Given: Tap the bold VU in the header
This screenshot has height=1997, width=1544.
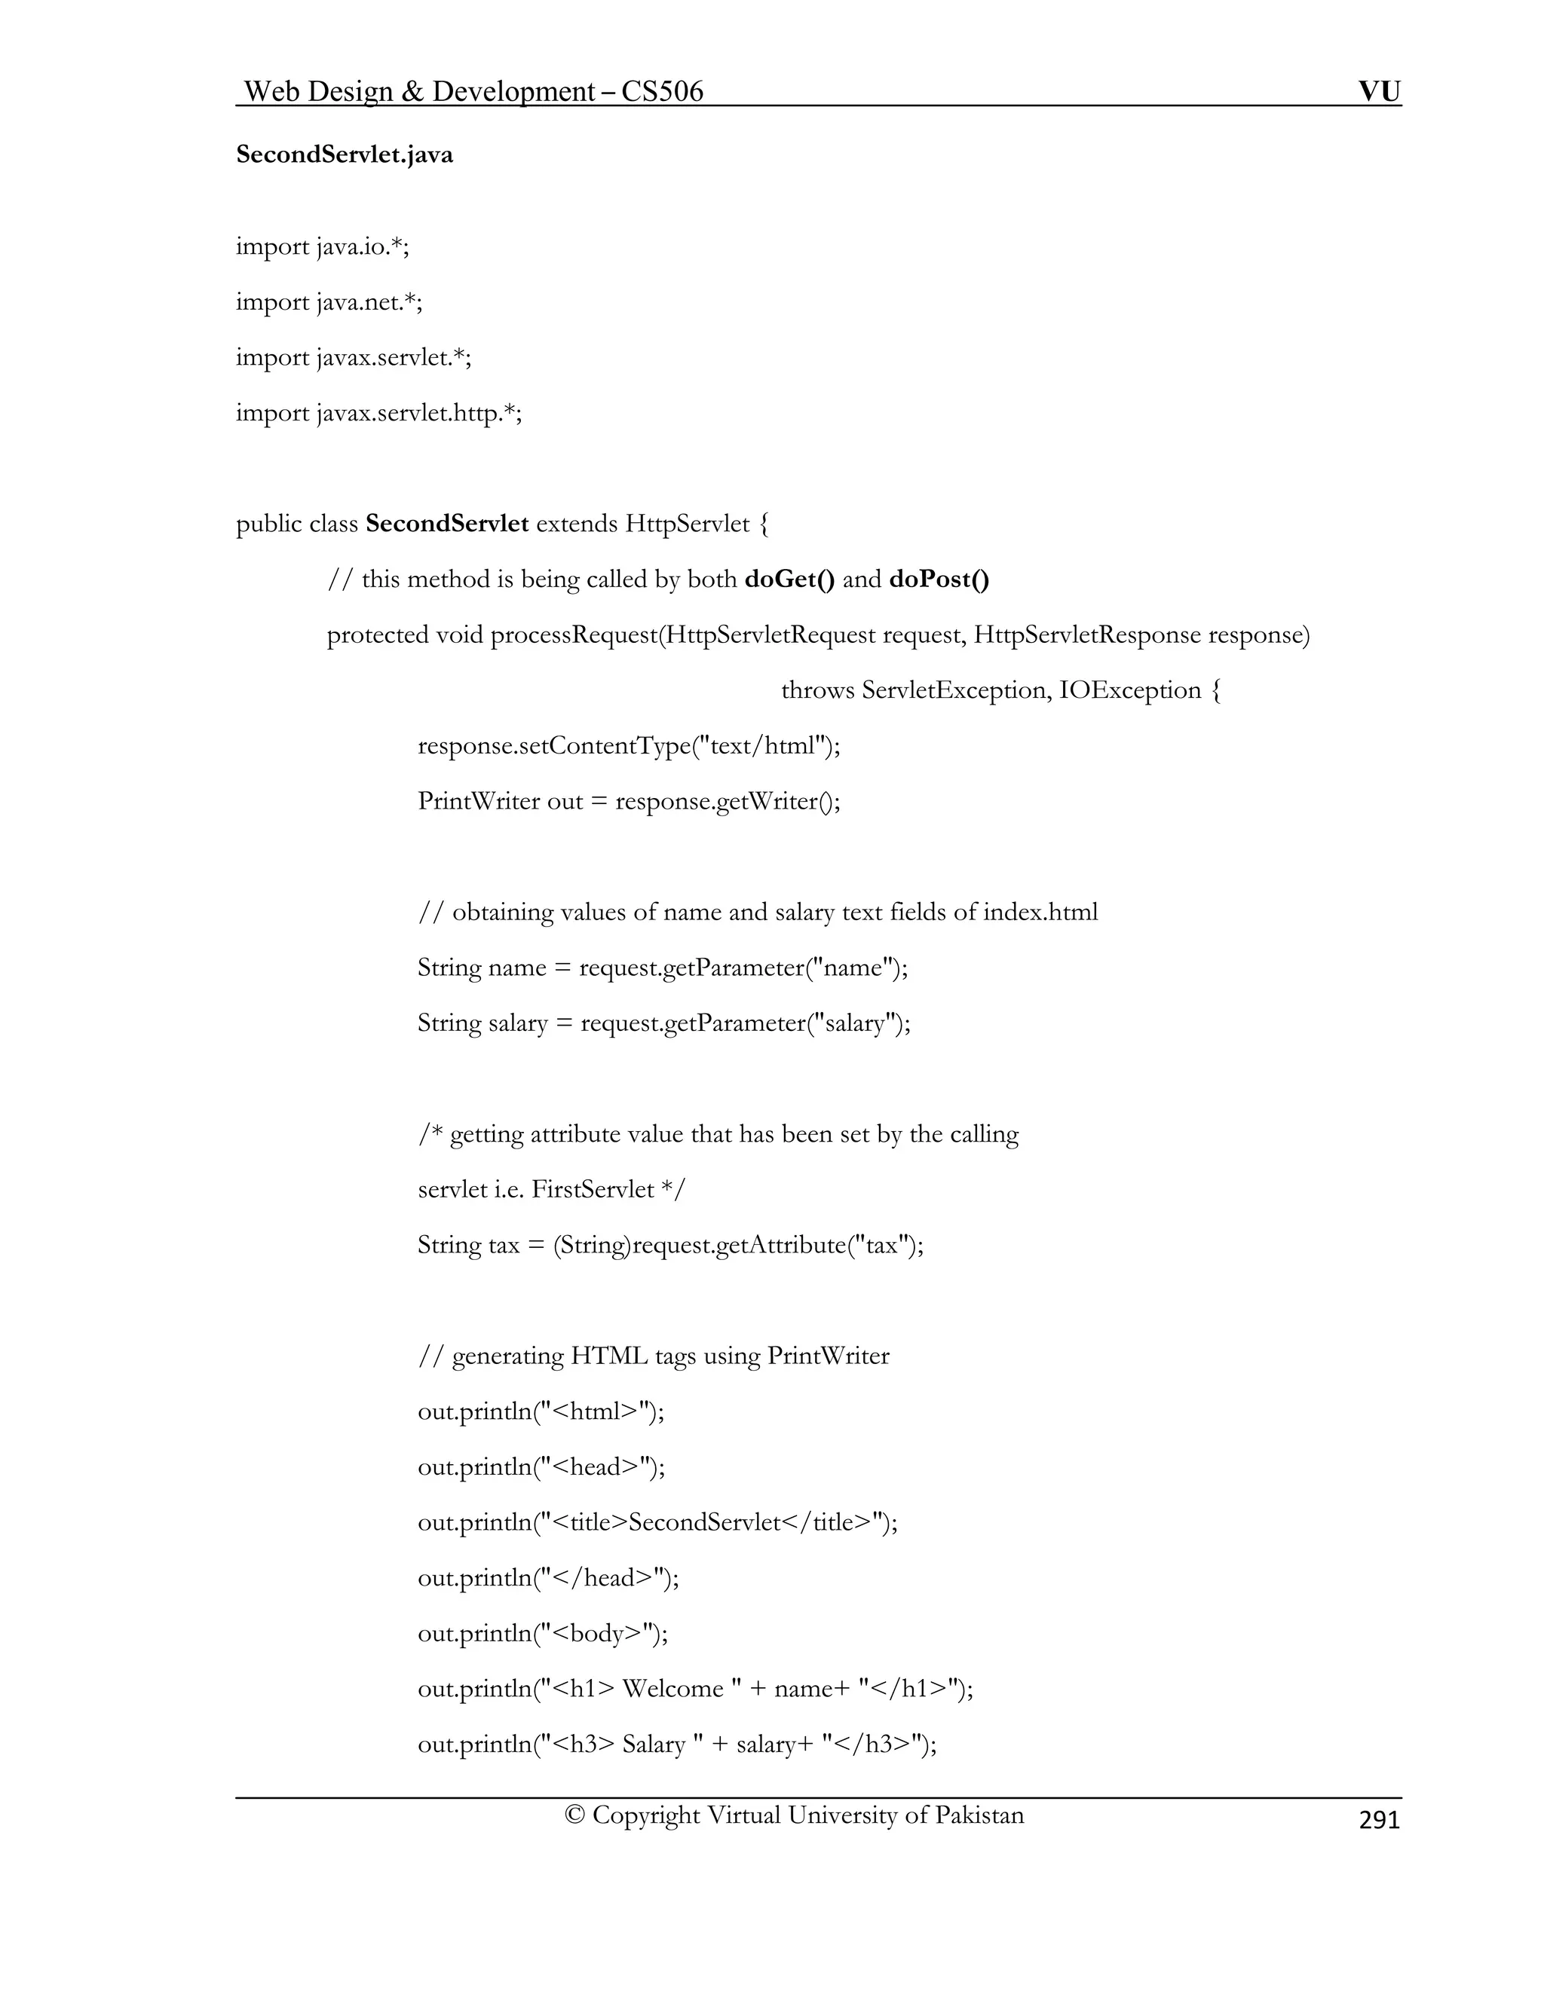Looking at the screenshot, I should [x=1380, y=91].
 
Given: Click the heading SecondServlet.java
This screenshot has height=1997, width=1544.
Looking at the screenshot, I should [x=344, y=154].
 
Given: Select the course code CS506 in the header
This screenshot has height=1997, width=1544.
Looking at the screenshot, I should [x=662, y=91].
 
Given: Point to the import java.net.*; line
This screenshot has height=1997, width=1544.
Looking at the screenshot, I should [x=329, y=301].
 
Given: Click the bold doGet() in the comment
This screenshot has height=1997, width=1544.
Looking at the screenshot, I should [x=789, y=579].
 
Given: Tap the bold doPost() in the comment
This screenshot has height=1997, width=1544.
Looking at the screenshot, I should [x=939, y=579].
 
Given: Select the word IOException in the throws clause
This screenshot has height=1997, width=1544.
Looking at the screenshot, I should [x=1129, y=690].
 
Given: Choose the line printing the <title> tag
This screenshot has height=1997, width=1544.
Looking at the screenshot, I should [x=657, y=1521].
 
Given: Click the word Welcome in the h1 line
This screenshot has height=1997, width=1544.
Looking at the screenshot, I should [x=672, y=1688].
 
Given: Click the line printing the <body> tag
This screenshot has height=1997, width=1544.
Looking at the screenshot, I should [x=542, y=1633].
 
